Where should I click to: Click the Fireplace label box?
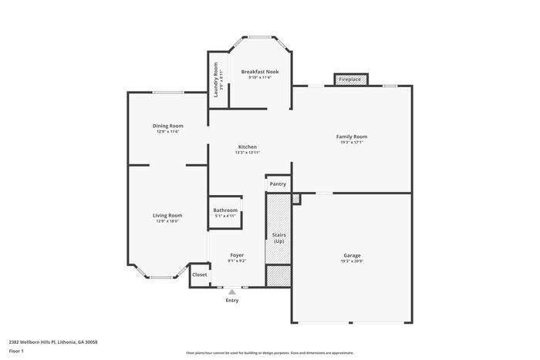coord(350,79)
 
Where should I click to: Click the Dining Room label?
coord(167,126)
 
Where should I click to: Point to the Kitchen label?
coord(247,146)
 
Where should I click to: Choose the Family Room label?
coord(351,136)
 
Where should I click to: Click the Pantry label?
coord(278,183)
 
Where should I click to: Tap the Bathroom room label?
coord(225,210)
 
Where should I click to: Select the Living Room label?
coord(167,215)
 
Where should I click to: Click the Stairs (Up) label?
coord(278,237)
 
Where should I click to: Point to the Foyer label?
coord(237,255)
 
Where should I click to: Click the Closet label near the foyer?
coord(200,274)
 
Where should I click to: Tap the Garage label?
coord(352,255)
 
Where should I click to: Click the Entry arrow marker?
coord(231,291)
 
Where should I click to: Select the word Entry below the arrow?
coord(231,301)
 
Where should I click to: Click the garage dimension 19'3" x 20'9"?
coord(352,261)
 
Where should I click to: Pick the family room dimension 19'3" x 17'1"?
coord(351,143)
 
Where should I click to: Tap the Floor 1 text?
coord(17,352)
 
